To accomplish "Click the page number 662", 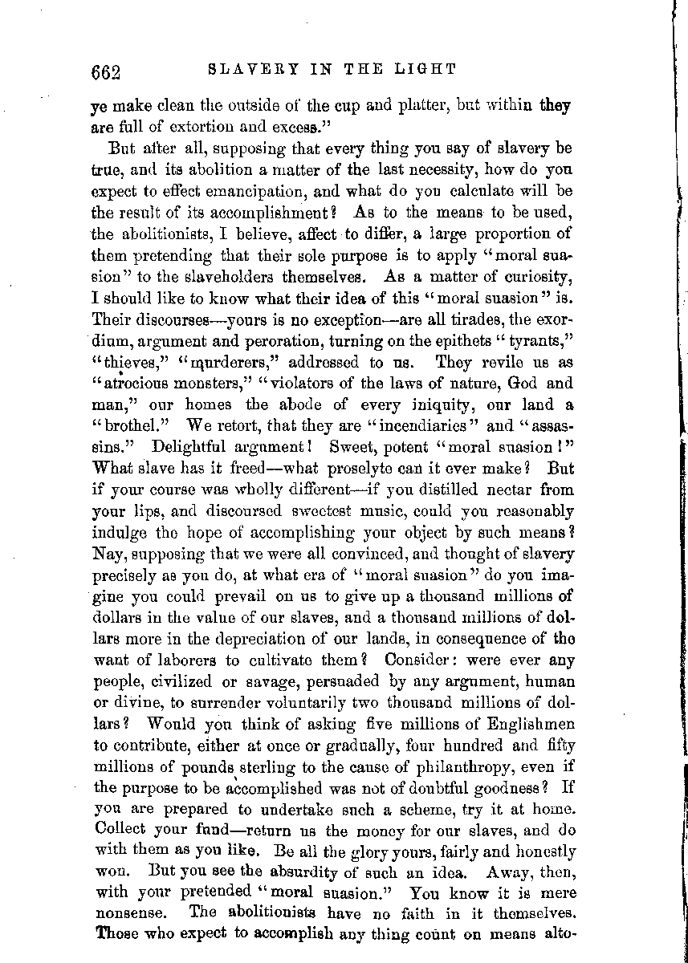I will coord(105,73).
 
